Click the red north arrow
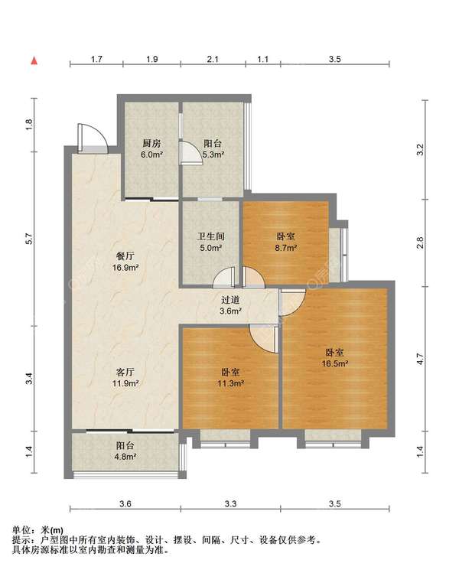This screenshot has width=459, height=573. pos(34,60)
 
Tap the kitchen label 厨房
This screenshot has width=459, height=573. pos(151,143)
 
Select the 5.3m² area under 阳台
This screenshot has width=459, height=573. pos(213,155)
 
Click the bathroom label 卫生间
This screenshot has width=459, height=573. pos(211,236)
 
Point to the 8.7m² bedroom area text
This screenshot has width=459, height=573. pos(286,248)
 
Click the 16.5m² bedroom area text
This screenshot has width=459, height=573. pos(334,363)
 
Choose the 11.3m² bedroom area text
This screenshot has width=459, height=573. pos(230,383)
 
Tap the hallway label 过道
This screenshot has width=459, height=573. pos(230,300)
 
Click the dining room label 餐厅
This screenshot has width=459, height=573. pos(125,256)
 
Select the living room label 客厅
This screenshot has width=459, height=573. pos(125,373)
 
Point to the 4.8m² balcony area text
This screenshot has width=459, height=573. pos(125,457)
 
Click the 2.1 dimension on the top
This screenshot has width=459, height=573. pos(213,59)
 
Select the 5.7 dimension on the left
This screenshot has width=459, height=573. pos(30,239)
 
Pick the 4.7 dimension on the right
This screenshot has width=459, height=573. pos(420,359)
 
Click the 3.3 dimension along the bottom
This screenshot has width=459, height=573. pos(230,504)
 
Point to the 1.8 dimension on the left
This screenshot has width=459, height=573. pos(30,125)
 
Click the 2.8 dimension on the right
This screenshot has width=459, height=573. pos(420,243)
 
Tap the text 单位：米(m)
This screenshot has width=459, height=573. pos(37,530)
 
